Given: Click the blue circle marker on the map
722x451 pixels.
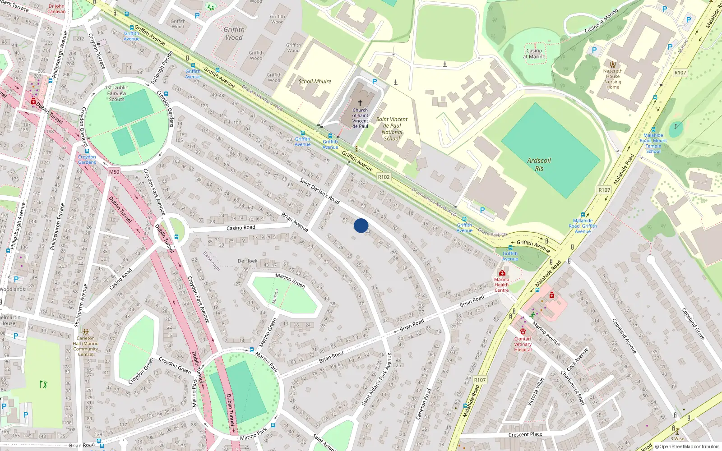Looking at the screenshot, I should pyautogui.click(x=361, y=225).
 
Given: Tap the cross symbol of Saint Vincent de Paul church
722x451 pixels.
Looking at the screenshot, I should pyautogui.click(x=360, y=103).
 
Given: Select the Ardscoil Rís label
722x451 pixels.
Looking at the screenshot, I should pyautogui.click(x=539, y=164).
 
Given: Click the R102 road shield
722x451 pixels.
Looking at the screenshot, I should pyautogui.click(x=384, y=177).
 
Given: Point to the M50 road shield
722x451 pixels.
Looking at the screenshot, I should pyautogui.click(x=114, y=172).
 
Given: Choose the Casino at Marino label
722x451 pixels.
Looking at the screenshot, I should pyautogui.click(x=534, y=54).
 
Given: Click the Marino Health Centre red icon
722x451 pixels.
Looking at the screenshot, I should pyautogui.click(x=502, y=273).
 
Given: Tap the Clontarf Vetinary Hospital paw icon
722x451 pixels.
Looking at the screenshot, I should pyautogui.click(x=523, y=331).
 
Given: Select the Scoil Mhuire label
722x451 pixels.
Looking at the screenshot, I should pyautogui.click(x=315, y=82).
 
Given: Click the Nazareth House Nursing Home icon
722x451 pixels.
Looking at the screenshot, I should pyautogui.click(x=613, y=64).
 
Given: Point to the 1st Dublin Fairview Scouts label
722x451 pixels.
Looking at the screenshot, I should pyautogui.click(x=117, y=93).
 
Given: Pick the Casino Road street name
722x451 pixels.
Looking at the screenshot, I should pyautogui.click(x=241, y=228).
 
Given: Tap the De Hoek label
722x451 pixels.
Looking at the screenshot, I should pyautogui.click(x=247, y=261).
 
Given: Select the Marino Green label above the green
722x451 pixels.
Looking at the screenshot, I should pyautogui.click(x=290, y=280).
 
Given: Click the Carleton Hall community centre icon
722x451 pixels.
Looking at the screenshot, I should pyautogui.click(x=86, y=331).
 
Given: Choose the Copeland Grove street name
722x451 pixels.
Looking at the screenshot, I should pyautogui.click(x=693, y=324).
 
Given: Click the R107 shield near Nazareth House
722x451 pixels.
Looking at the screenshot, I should pyautogui.click(x=680, y=73).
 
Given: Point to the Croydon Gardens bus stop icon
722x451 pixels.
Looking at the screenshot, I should pyautogui.click(x=87, y=151).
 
